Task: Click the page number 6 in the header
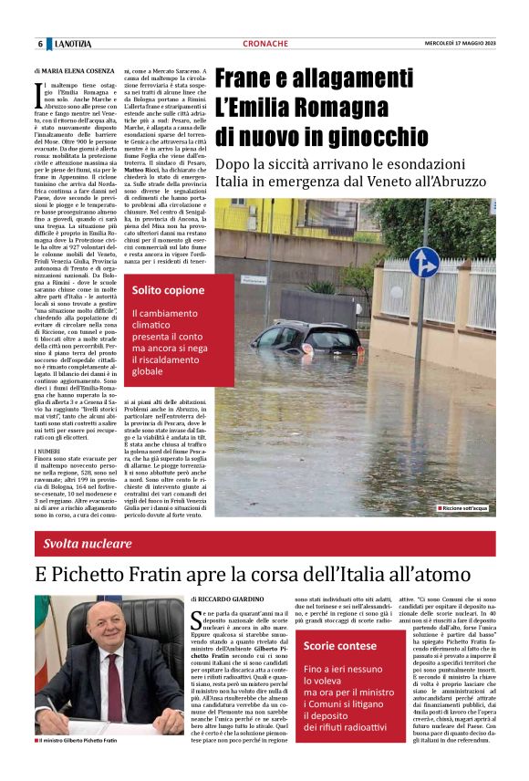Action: pos(40,44)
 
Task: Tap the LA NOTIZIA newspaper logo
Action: pos(71,44)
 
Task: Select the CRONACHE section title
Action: pos(265,44)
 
